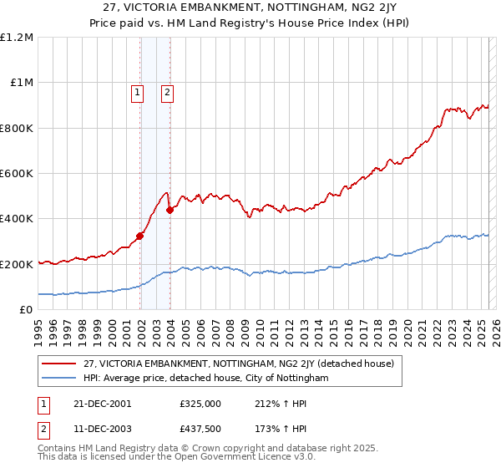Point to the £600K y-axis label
tap(18, 174)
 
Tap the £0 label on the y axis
tap(25, 310)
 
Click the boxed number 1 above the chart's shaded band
tap(137, 93)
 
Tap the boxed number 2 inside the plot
tap(168, 93)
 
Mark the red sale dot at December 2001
tap(139, 236)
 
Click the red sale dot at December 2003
tap(170, 210)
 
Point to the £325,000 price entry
tap(200, 403)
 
